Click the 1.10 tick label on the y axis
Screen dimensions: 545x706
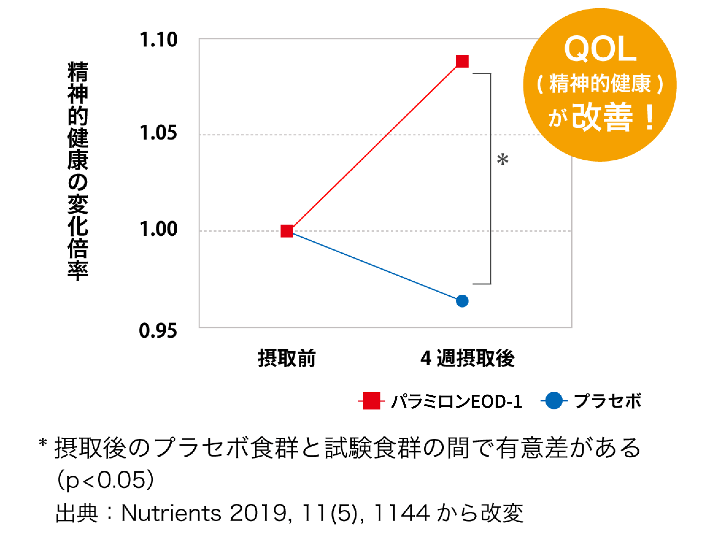(158, 40)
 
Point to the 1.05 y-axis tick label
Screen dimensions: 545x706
(158, 133)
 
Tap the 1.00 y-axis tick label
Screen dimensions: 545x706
(158, 229)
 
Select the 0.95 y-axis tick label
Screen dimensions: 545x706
(158, 331)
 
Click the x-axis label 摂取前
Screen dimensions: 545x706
(287, 359)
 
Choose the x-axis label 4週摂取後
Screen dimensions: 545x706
(467, 359)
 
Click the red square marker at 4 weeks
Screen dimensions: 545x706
(462, 61)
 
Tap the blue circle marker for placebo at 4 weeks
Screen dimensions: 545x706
(462, 301)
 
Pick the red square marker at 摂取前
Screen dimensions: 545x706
(287, 231)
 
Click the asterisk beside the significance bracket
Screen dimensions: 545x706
(503, 159)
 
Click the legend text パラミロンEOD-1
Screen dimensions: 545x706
(457, 401)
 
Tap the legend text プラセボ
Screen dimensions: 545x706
(607, 401)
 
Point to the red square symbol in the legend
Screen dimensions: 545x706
(371, 401)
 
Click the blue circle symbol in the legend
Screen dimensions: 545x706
(554, 401)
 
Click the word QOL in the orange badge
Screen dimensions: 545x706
(600, 49)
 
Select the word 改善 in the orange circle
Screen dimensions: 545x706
(602, 117)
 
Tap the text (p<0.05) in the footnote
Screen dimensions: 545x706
(105, 480)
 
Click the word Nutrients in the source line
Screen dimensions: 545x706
(171, 513)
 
